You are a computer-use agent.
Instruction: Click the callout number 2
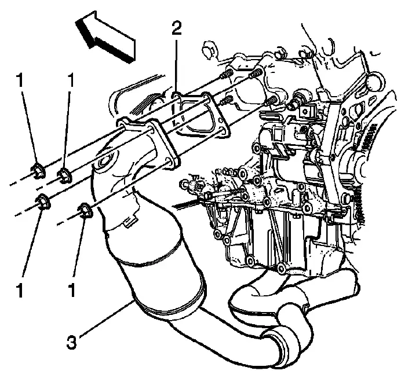coord(177,28)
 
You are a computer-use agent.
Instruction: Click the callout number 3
coord(72,342)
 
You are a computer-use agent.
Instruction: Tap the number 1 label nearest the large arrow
coord(70,80)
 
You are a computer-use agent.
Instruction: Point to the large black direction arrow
coord(104,37)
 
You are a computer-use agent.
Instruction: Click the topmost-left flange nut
coord(38,171)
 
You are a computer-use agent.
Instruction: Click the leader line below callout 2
coord(176,67)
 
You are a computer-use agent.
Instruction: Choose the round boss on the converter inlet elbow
coord(104,163)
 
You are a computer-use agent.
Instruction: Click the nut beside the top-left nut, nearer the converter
coord(64,176)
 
